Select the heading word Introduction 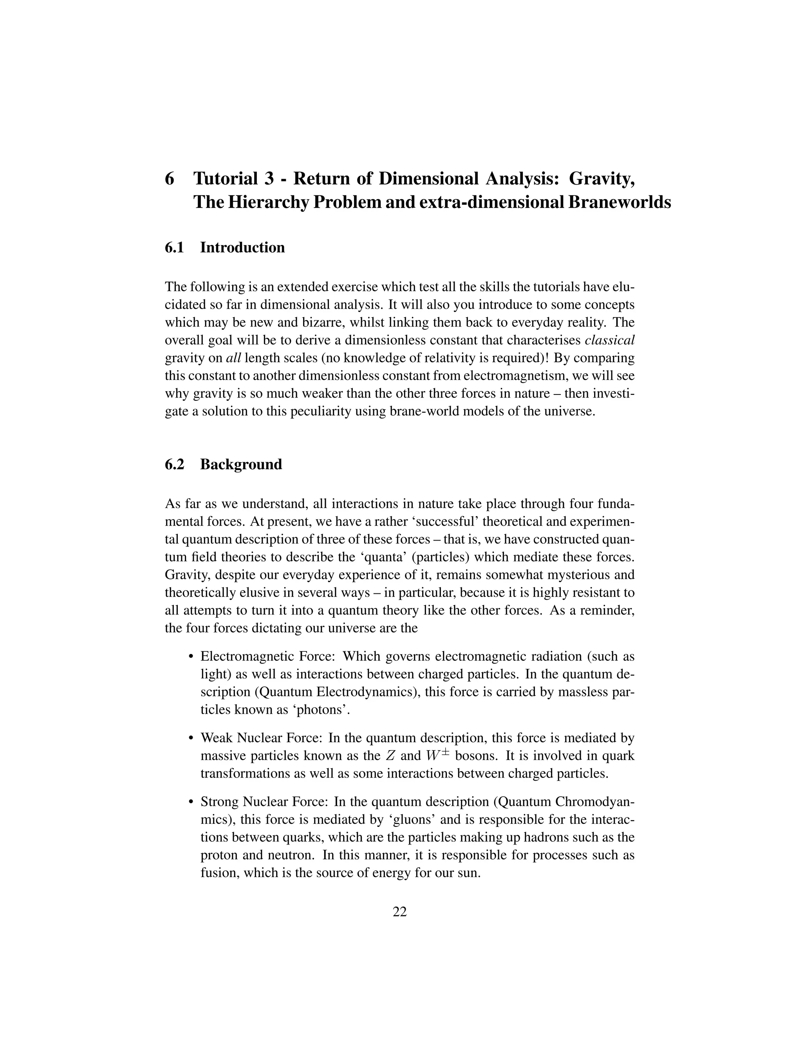(x=242, y=248)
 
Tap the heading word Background (x=241, y=464)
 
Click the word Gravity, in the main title (x=602, y=179)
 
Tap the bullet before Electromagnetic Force (x=191, y=657)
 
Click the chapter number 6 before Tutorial (x=169, y=179)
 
